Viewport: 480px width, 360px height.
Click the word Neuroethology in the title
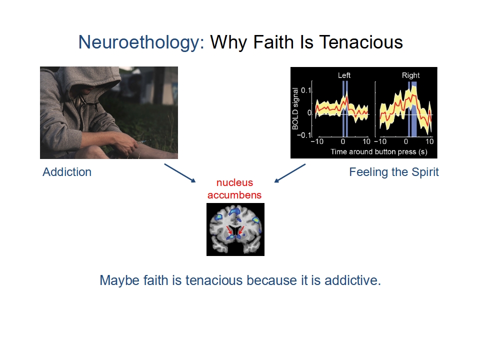pyautogui.click(x=141, y=42)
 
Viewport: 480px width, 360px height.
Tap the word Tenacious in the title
pyautogui.click(x=361, y=42)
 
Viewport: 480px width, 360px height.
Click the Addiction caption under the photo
pyautogui.click(x=67, y=172)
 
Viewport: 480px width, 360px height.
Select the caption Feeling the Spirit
pyautogui.click(x=394, y=172)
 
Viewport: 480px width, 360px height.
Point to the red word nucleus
pyautogui.click(x=235, y=182)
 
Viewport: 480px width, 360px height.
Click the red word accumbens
pyautogui.click(x=234, y=195)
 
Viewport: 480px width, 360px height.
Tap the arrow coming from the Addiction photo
pyautogui.click(x=180, y=173)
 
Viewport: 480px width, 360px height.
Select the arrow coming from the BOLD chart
pyautogui.click(x=290, y=173)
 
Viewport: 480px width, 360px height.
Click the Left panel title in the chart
pyautogui.click(x=344, y=75)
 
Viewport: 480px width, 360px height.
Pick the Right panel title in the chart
pyautogui.click(x=411, y=75)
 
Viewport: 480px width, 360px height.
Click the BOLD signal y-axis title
pyautogui.click(x=295, y=108)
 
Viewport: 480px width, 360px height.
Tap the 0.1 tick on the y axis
pyautogui.click(x=306, y=90)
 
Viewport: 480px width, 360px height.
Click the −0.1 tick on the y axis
pyautogui.click(x=303, y=135)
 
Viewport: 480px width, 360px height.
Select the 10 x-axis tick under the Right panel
pyautogui.click(x=429, y=141)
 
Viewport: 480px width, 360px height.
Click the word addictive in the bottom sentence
pyautogui.click(x=352, y=280)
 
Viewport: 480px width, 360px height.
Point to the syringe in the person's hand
pyautogui.click(x=143, y=141)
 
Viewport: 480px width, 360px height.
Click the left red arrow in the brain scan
pyautogui.click(x=229, y=230)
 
